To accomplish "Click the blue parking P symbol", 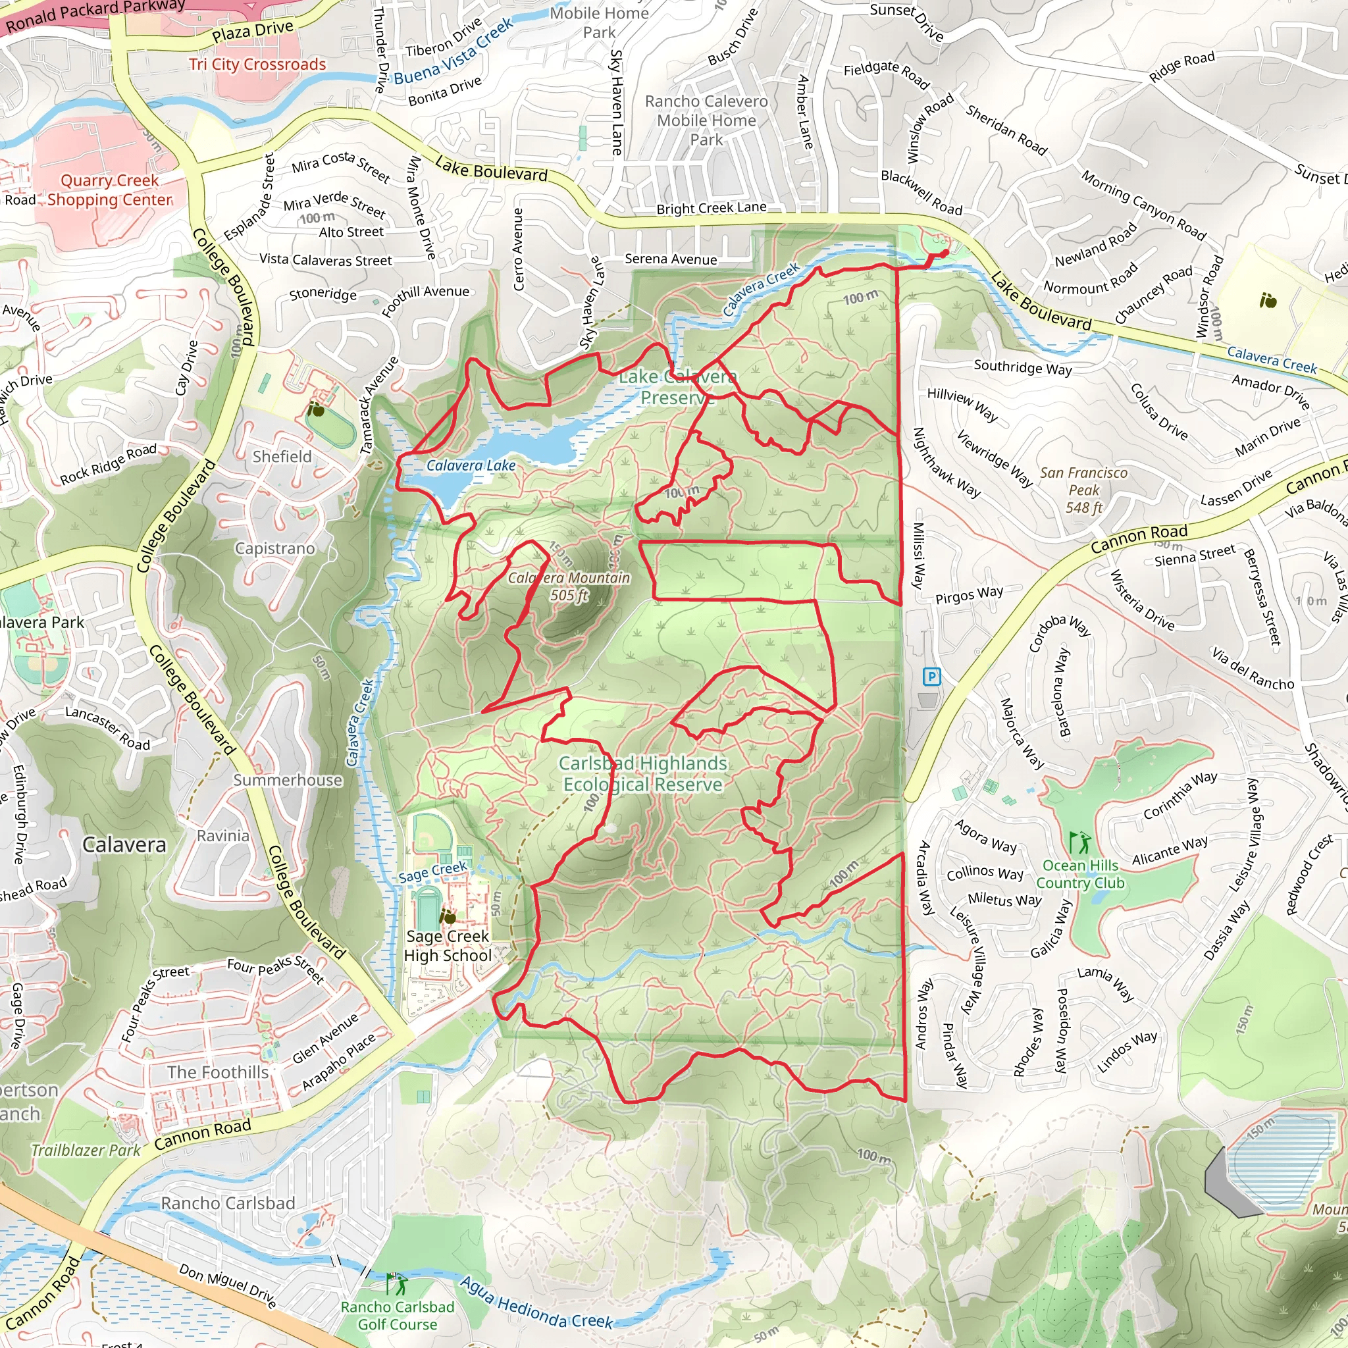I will point(931,675).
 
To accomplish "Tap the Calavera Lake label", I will point(471,465).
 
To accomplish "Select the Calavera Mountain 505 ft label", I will point(569,586).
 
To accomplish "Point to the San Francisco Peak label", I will point(1083,490).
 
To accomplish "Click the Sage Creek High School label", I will point(448,945).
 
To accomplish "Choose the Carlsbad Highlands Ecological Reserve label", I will point(642,774).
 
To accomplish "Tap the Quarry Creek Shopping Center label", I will point(109,190).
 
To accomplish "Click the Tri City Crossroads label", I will point(257,65).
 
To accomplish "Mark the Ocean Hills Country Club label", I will point(1080,874).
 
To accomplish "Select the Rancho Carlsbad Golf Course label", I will point(397,1315).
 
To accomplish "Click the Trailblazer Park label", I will point(86,1150).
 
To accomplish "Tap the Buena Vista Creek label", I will point(454,51).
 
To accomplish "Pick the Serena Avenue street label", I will point(671,259).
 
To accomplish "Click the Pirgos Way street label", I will point(969,594).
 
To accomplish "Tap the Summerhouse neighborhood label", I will point(288,780).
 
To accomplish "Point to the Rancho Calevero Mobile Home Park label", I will point(706,120).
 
